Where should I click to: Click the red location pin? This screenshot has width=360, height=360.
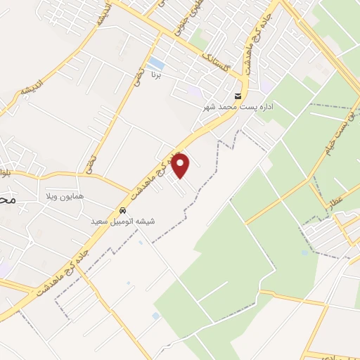click(x=181, y=166)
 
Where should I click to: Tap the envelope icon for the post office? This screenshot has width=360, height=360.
click(x=239, y=96)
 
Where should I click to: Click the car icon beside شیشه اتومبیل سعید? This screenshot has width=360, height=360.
click(x=123, y=210)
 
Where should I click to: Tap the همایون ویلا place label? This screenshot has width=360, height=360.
click(x=65, y=195)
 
